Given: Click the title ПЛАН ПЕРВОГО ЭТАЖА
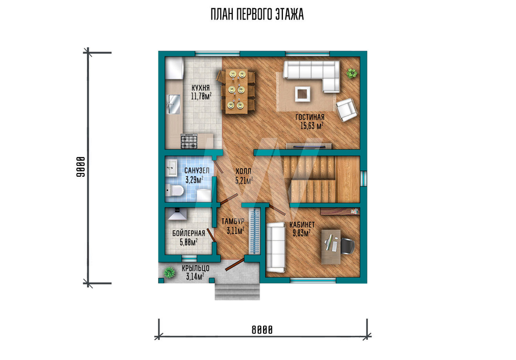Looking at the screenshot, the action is click(257, 14).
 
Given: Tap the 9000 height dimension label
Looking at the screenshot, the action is click(81, 167).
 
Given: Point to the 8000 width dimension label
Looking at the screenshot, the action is click(262, 330).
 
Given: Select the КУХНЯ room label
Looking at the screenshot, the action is click(201, 88).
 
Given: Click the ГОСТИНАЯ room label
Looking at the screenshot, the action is click(310, 117).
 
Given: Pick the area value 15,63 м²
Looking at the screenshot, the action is click(312, 126).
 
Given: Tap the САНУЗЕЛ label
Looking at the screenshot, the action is click(197, 170).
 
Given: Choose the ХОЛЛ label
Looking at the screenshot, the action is click(243, 171).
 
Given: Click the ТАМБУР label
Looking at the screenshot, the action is click(233, 222).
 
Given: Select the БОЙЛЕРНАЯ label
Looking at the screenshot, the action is click(188, 233).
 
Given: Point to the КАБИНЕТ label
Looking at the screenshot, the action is click(302, 225).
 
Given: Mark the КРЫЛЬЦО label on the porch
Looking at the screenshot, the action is click(196, 269).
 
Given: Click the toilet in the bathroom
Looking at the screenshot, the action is click(174, 191).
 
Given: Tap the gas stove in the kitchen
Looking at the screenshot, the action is click(189, 142).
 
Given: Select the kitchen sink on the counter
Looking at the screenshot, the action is click(174, 104).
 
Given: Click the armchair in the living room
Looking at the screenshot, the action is click(347, 109).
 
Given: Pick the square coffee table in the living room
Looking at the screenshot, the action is click(302, 94).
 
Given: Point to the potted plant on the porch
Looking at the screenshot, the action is click(169, 272).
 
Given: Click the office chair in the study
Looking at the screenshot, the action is click(347, 246).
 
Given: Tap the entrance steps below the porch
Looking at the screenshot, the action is click(237, 291).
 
